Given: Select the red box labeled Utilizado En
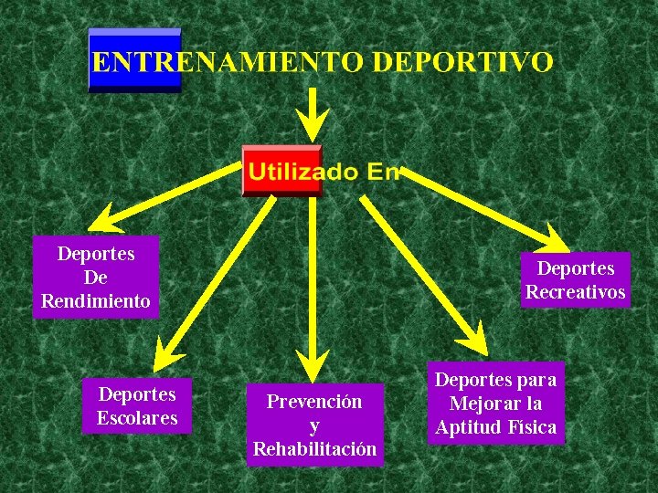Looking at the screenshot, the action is [x=281, y=171].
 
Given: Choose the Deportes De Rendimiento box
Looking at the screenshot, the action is [x=96, y=277].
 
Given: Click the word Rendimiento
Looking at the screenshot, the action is [x=96, y=301].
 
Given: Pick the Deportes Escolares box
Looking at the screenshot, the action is [x=137, y=406].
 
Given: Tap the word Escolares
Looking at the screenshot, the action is [x=137, y=419].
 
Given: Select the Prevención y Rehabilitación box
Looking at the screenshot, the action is [x=314, y=425].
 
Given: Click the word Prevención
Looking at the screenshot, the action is [x=314, y=402].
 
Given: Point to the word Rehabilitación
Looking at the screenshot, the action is [x=314, y=449].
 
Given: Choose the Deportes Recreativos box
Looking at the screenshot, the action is [x=576, y=280].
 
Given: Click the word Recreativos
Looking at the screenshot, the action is [x=576, y=292].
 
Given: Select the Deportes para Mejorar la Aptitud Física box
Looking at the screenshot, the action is [x=496, y=404].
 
